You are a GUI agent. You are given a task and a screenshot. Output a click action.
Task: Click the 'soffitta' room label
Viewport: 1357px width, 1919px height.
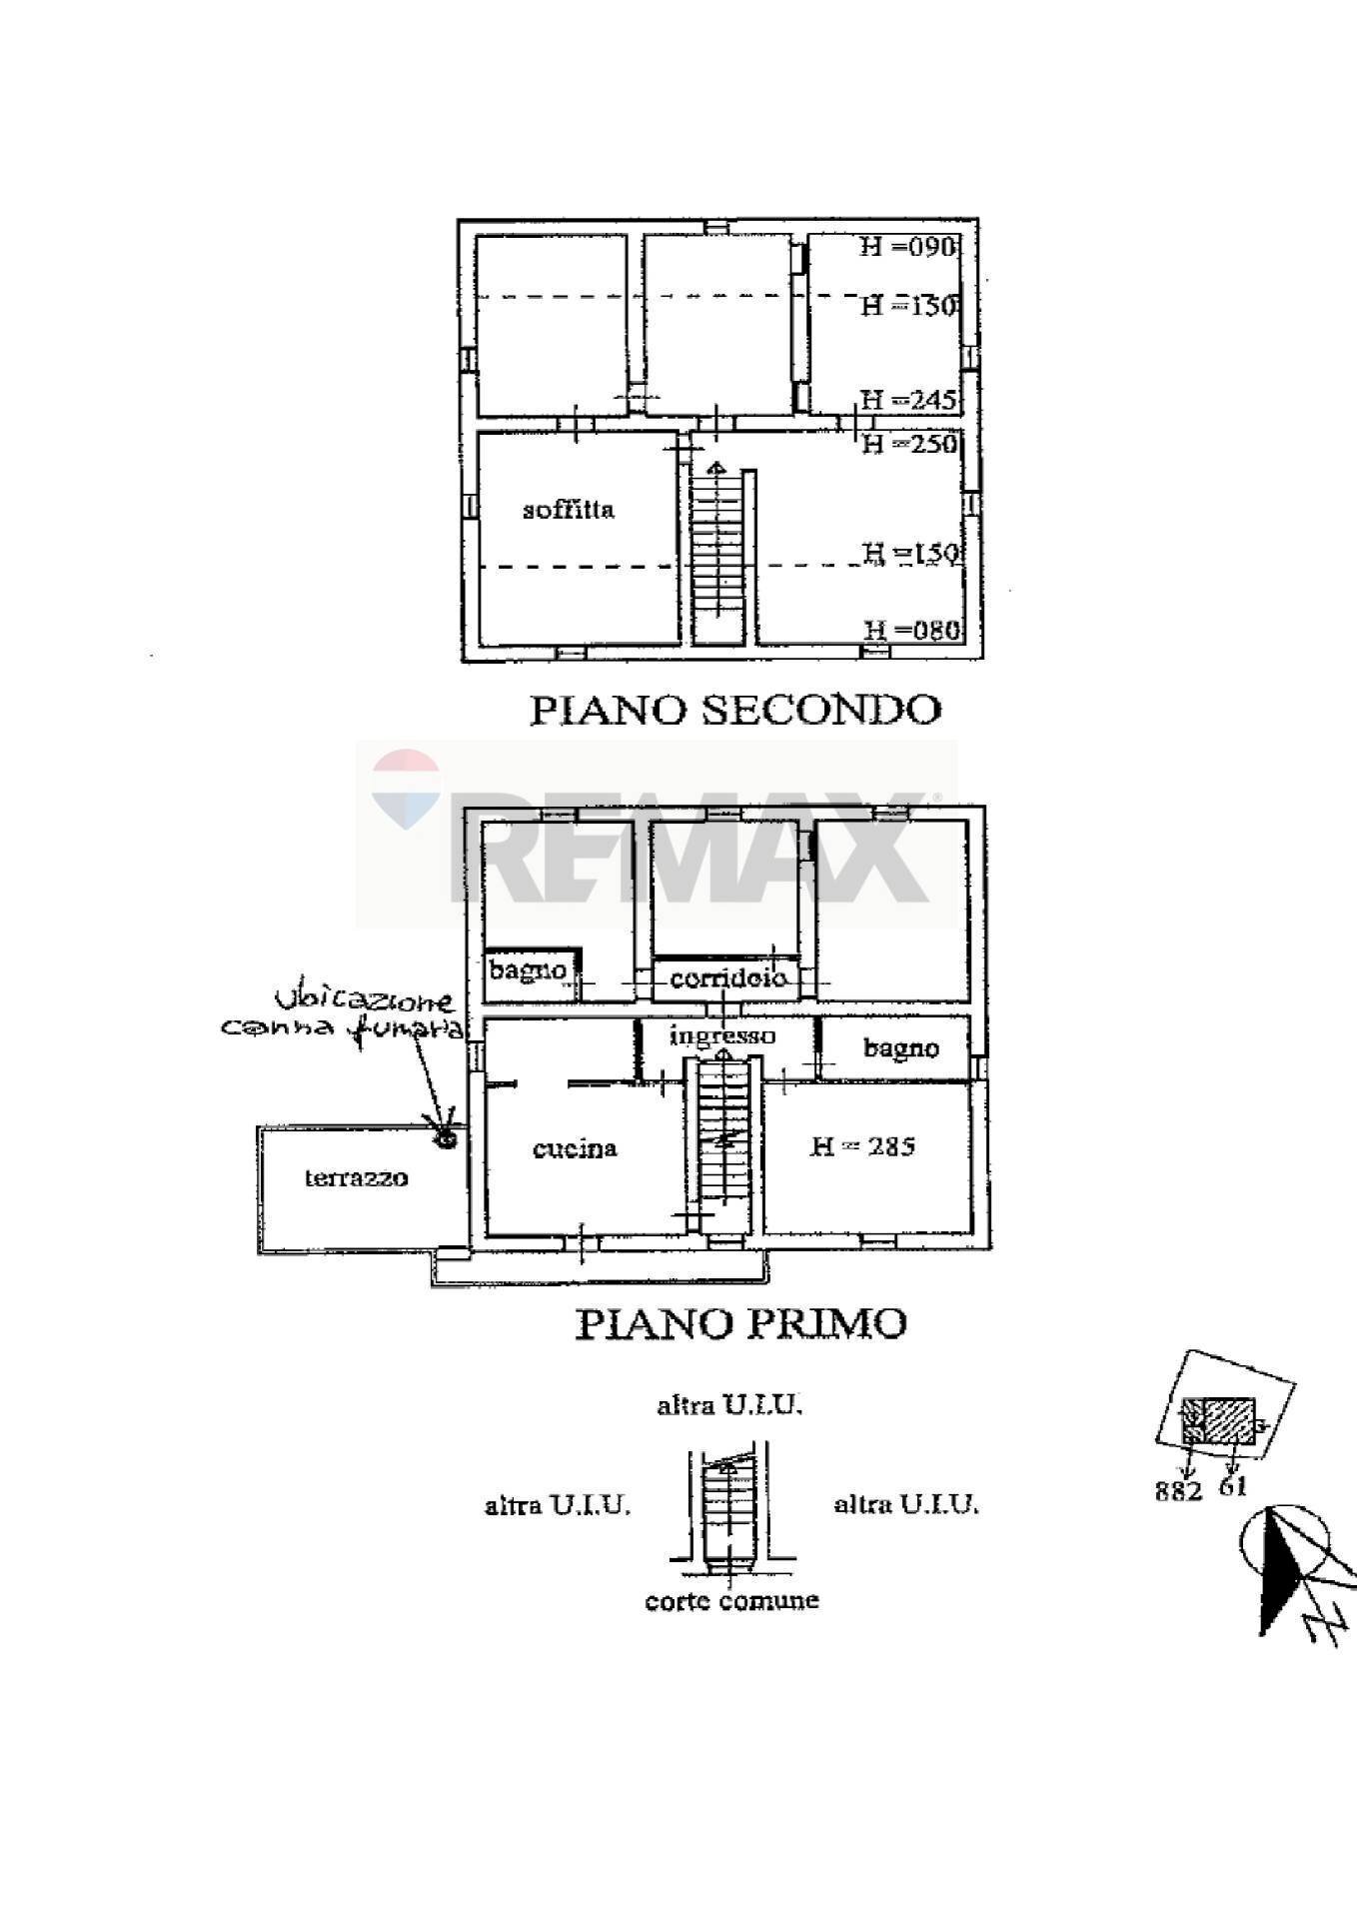coord(569,510)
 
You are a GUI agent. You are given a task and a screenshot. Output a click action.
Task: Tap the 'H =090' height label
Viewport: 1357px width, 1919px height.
coord(908,247)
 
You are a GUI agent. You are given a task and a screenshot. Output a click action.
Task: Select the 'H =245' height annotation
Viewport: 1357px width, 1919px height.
coord(908,401)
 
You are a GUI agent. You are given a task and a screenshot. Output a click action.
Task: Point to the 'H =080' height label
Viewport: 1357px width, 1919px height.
coord(911,631)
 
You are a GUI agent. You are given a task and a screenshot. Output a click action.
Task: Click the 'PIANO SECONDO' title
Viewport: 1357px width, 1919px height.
coord(734,710)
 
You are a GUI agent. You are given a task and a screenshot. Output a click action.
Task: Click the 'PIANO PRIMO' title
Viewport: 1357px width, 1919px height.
coord(740,1323)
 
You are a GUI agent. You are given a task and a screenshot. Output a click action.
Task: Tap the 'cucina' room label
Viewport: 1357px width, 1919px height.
coord(575,1148)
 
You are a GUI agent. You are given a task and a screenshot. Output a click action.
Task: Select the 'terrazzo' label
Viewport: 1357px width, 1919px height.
coord(356,1177)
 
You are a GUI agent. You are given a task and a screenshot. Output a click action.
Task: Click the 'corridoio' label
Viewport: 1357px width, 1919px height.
coord(728,977)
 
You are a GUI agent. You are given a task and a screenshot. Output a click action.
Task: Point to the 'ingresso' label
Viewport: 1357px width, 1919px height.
coord(721,1035)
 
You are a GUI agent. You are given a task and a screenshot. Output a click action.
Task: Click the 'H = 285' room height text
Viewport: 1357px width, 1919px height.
coord(861,1146)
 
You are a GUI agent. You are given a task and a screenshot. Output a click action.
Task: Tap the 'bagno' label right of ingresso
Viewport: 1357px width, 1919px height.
coord(900,1048)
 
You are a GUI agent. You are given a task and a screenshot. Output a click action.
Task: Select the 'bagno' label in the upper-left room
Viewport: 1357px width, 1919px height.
coord(528,969)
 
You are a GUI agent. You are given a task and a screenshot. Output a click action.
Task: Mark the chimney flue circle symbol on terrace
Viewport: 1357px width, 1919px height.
coord(445,1137)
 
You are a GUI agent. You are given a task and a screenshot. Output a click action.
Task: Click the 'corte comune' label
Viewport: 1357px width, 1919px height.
coord(731,1600)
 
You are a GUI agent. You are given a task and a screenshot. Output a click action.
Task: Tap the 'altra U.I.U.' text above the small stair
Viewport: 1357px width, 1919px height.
coord(729,1405)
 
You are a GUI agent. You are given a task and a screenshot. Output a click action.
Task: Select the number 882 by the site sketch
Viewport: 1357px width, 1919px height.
coord(1178,1491)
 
